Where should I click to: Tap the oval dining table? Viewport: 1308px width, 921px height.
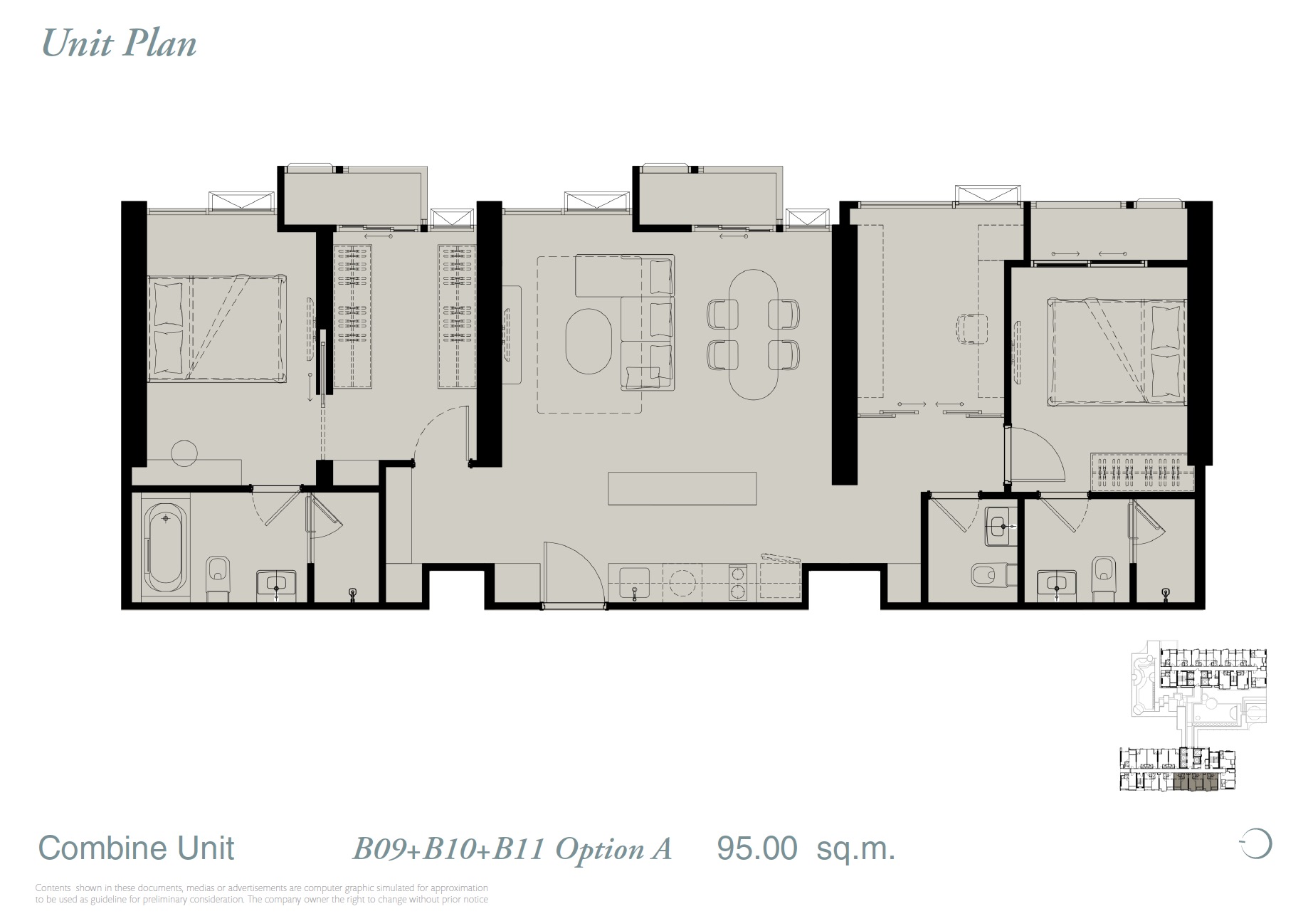(x=753, y=334)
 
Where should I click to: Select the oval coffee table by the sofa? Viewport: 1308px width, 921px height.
(x=589, y=340)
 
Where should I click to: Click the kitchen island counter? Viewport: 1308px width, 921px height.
(x=682, y=488)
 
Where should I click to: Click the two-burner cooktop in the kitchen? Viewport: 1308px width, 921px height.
(x=738, y=582)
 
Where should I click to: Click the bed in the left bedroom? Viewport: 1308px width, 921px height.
(x=216, y=329)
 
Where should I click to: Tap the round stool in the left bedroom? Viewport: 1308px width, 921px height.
(x=184, y=453)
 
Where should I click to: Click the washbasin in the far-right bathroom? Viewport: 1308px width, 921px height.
(x=1056, y=584)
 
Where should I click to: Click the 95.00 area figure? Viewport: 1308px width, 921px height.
(x=756, y=848)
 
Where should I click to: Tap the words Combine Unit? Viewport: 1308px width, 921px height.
(x=136, y=848)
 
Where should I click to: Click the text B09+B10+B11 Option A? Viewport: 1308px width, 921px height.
(x=512, y=849)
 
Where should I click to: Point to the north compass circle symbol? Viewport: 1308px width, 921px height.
(x=1257, y=844)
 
